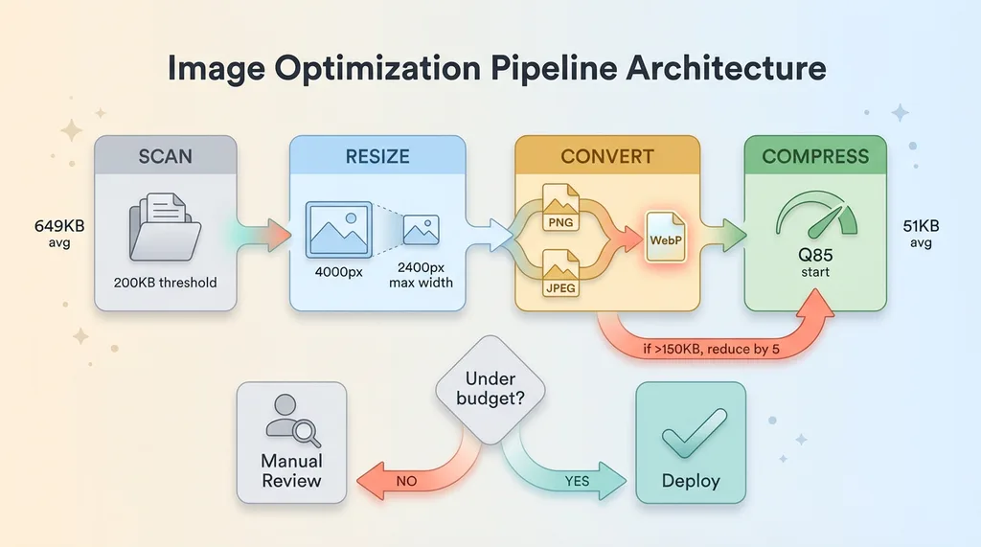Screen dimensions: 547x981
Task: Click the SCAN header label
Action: [165, 155]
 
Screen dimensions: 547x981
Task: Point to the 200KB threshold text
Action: [165, 283]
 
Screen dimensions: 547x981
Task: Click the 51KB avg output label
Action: [924, 234]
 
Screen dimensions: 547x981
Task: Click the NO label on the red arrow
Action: [406, 481]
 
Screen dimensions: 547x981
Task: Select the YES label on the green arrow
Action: [577, 481]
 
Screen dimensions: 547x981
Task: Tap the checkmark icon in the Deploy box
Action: [690, 437]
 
